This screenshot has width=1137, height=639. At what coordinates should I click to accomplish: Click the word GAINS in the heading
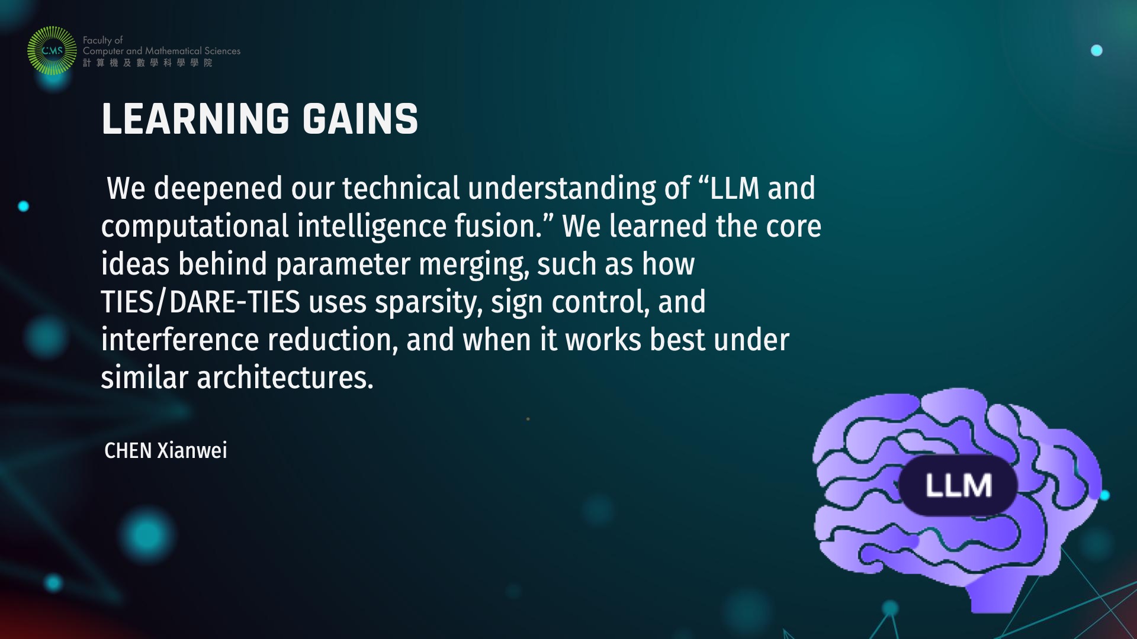click(361, 119)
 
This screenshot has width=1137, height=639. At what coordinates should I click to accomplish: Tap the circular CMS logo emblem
click(52, 51)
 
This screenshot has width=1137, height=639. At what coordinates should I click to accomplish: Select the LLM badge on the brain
click(958, 485)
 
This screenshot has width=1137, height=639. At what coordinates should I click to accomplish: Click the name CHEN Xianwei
click(166, 451)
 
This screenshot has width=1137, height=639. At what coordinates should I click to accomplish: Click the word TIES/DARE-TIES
click(201, 302)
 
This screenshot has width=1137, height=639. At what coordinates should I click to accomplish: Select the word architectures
click(285, 377)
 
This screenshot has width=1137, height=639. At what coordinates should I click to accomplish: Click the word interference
click(180, 340)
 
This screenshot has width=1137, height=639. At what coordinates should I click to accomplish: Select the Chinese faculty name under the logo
click(147, 63)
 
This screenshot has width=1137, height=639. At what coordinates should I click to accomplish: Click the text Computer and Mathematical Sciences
click(162, 51)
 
